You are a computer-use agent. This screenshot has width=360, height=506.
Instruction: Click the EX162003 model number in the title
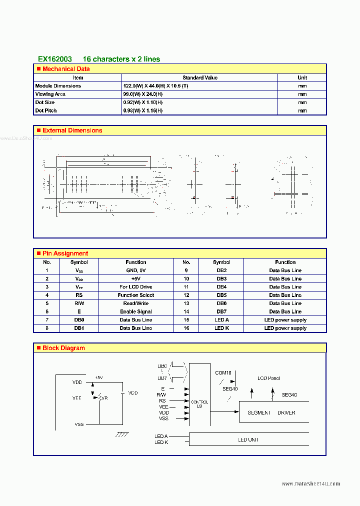55,59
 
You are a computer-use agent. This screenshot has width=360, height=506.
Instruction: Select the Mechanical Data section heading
66,69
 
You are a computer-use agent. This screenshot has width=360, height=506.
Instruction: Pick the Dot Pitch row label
46,110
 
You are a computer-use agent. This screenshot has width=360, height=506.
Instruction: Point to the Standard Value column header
200,77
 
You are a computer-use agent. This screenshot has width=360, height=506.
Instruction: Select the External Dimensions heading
72,130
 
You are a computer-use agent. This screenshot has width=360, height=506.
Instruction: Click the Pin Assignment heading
65,253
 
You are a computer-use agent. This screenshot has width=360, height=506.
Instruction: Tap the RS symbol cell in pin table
79,295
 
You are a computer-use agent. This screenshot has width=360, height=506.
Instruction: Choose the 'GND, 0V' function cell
135,270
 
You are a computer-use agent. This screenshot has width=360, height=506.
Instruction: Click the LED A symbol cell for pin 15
221,320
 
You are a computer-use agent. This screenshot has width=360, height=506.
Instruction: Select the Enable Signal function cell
135,311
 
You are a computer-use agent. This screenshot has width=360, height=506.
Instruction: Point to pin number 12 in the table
186,295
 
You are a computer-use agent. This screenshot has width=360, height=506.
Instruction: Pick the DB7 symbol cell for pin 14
221,311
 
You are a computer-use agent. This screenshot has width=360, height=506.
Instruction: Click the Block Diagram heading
63,348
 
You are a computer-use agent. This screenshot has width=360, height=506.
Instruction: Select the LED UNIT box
248,440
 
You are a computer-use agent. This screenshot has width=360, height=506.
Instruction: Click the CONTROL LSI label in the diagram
200,403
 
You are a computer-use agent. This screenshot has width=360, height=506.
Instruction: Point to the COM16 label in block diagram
223,372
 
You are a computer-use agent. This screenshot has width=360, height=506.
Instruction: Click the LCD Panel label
268,378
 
